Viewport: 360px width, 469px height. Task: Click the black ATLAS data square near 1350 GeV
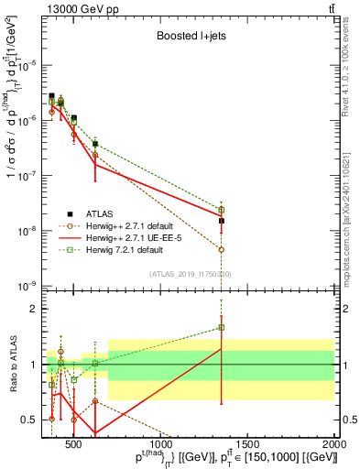(x=222, y=221)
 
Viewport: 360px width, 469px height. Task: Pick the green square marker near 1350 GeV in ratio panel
(x=222, y=327)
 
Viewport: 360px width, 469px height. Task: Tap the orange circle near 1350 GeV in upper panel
(x=222, y=249)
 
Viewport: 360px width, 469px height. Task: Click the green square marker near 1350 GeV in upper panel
(x=222, y=210)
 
